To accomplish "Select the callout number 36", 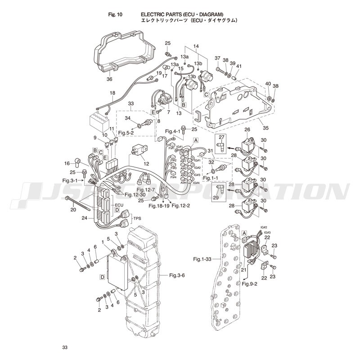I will tap(109, 79).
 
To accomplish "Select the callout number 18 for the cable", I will tap(112, 93).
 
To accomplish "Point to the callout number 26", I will tap(247, 130).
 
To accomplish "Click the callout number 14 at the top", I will tap(196, 47).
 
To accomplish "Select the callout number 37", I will tap(217, 58).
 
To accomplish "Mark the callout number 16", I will tap(67, 163).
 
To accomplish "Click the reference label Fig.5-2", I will tap(127, 133).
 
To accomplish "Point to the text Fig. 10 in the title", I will tap(116, 14).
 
